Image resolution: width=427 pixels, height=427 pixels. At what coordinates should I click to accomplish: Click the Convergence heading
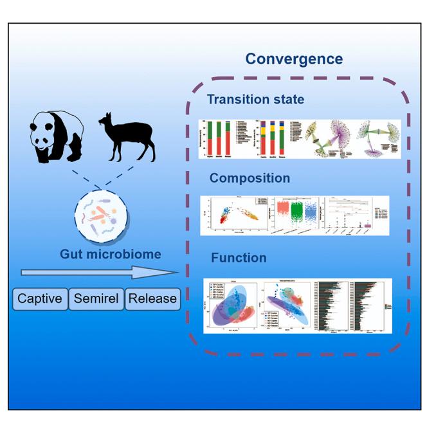(294, 59)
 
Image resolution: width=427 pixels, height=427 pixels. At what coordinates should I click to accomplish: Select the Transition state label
(255, 100)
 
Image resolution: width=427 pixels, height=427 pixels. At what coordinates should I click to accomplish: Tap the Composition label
(248, 178)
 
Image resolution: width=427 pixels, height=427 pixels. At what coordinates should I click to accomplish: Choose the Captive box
(40, 298)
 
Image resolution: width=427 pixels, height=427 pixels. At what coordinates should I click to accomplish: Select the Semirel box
(95, 298)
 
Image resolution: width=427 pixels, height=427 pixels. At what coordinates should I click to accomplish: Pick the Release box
(152, 298)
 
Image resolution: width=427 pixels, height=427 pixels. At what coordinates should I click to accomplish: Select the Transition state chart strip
(299, 139)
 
